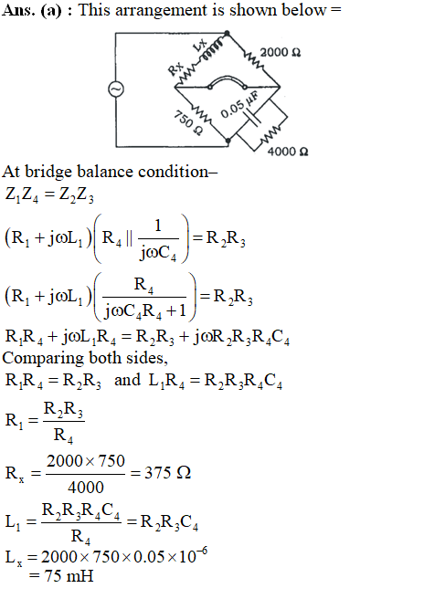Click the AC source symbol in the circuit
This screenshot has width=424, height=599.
pyautogui.click(x=116, y=89)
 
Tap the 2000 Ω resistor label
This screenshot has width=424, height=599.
pyautogui.click(x=281, y=52)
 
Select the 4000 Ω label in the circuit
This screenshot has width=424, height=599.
pyautogui.click(x=288, y=152)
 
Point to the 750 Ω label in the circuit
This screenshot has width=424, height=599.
pyautogui.click(x=188, y=122)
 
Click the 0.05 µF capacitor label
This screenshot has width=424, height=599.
pyautogui.click(x=239, y=104)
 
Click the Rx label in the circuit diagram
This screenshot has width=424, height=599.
pyautogui.click(x=175, y=68)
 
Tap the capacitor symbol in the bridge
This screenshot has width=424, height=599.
pyautogui.click(x=253, y=116)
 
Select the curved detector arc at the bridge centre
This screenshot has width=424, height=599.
pyautogui.click(x=228, y=78)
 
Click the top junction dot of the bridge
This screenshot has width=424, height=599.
pyautogui.click(x=228, y=34)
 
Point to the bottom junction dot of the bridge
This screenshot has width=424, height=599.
pyautogui.click(x=228, y=141)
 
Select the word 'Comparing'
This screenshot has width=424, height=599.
pyautogui.click(x=43, y=359)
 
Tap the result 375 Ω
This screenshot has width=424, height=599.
pyautogui.click(x=167, y=473)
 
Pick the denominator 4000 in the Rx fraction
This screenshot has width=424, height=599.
pyautogui.click(x=86, y=487)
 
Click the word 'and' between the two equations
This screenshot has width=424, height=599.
pyautogui.click(x=127, y=380)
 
